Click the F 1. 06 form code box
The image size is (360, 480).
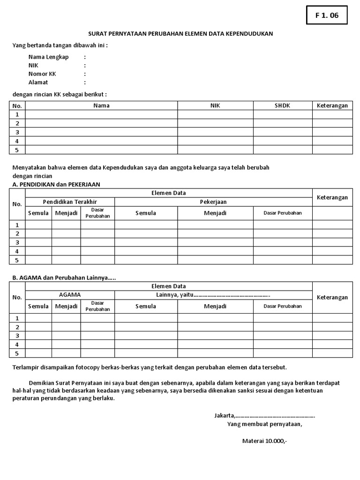click(327, 15)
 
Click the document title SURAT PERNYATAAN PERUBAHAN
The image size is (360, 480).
click(180, 34)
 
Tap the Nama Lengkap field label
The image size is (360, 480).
click(48, 57)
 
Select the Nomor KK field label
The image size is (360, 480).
click(42, 74)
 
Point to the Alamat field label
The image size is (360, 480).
click(38, 82)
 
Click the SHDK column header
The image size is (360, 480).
click(282, 105)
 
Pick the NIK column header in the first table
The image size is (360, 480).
click(215, 105)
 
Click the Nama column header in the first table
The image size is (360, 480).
click(101, 105)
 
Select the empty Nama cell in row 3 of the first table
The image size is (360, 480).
click(101, 132)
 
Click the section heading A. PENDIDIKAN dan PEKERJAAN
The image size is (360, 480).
click(56, 184)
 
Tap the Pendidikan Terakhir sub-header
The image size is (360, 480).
click(70, 202)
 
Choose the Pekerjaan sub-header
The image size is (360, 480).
click(213, 202)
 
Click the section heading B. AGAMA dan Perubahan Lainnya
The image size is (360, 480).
click(64, 277)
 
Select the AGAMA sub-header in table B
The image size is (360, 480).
click(70, 295)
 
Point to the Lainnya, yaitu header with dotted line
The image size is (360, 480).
click(213, 295)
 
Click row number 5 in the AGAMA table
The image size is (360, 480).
click(17, 353)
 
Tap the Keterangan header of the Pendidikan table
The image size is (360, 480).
click(332, 197)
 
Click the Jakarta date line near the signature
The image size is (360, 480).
click(264, 415)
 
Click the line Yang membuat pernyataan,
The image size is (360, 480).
click(265, 424)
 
